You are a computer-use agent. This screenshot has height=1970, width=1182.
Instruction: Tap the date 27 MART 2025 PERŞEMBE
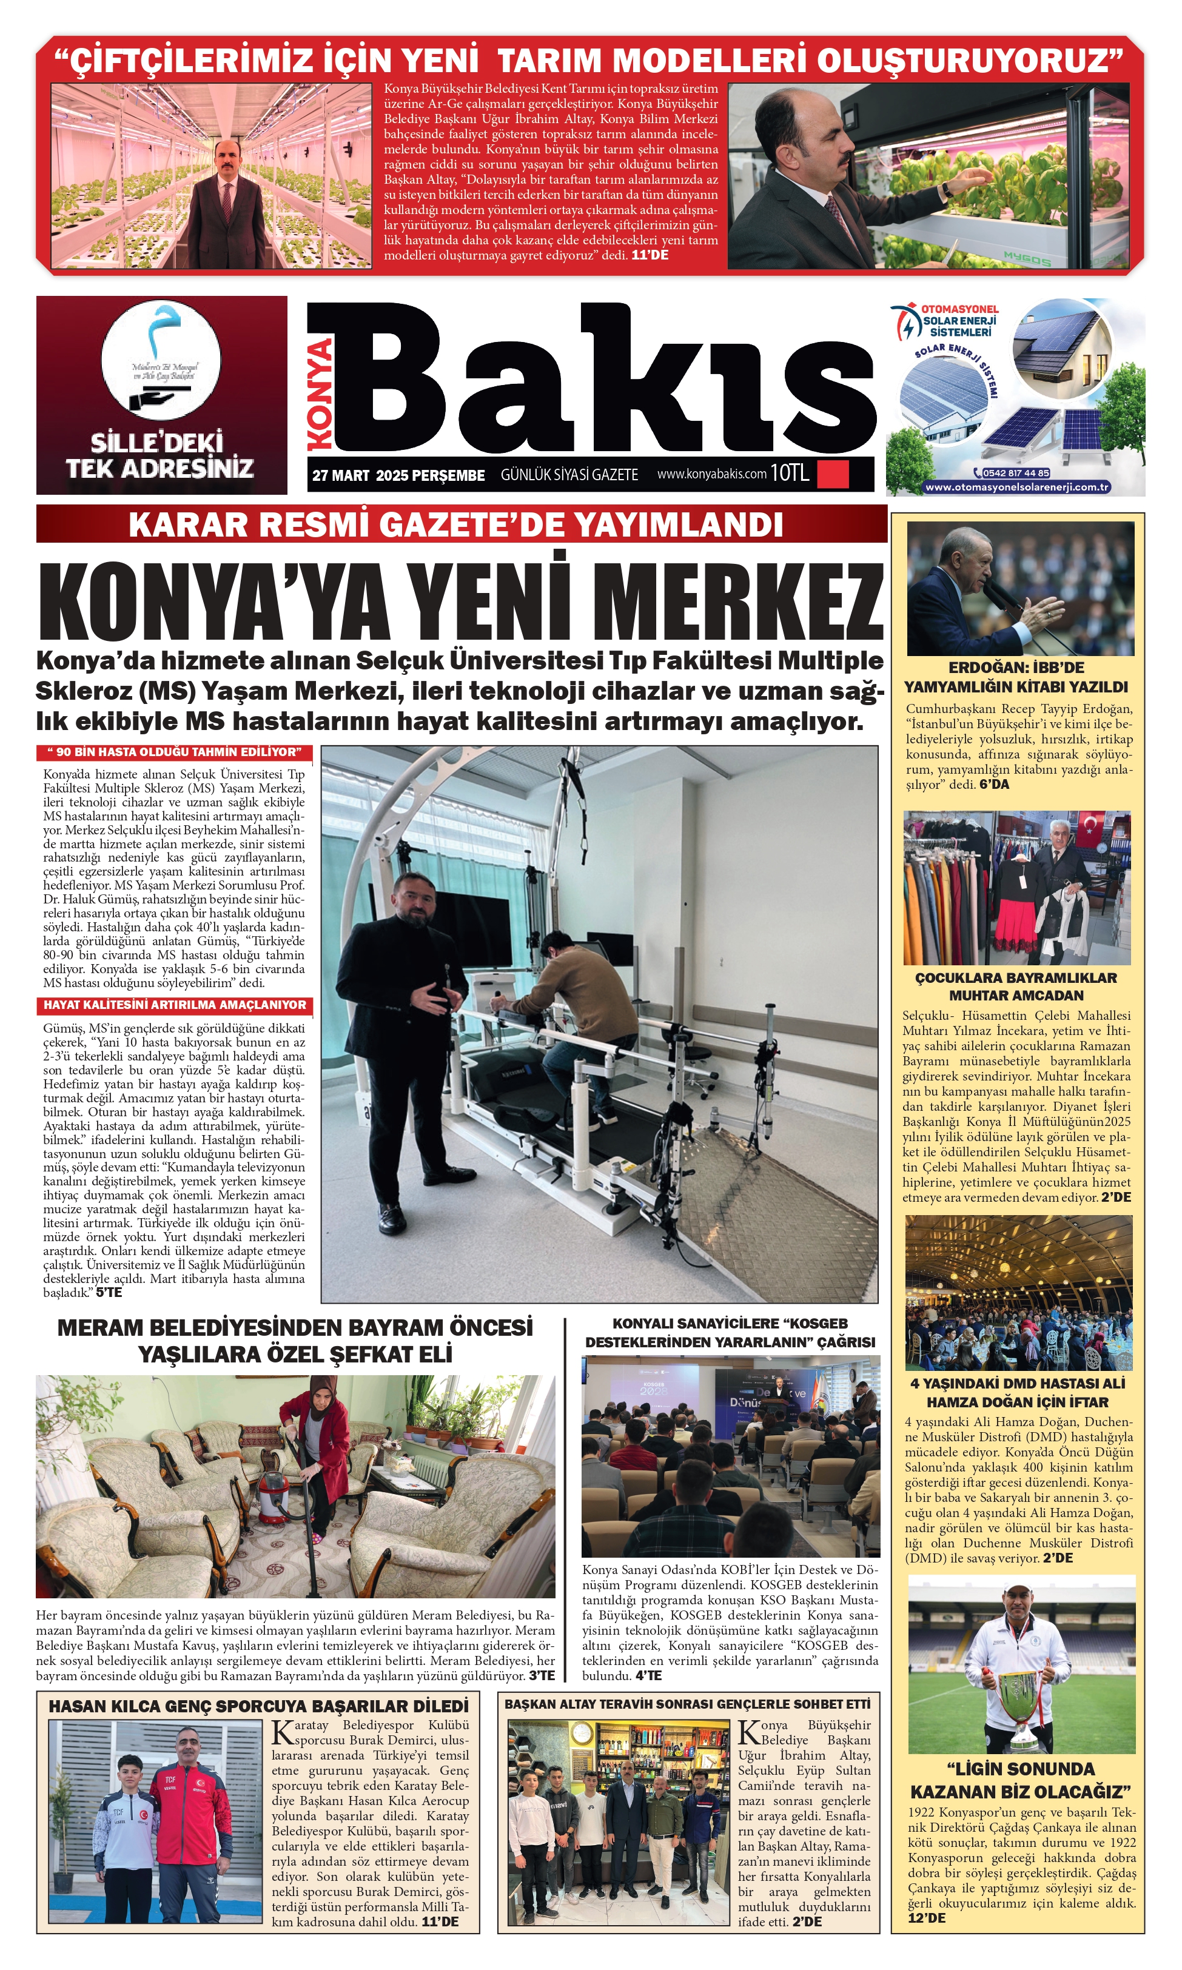point(398,475)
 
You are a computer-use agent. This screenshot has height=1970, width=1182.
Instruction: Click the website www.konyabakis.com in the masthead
point(711,474)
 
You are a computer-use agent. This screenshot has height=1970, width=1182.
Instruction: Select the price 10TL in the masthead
point(790,474)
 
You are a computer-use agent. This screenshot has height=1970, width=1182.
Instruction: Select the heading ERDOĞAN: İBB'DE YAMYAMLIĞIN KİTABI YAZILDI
point(1016,677)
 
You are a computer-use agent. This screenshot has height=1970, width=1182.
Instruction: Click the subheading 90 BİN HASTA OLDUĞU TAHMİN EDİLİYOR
point(175,752)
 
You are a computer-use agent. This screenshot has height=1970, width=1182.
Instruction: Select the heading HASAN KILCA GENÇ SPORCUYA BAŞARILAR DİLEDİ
point(259,1706)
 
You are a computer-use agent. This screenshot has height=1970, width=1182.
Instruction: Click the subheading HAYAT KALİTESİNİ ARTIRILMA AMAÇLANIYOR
point(175,1005)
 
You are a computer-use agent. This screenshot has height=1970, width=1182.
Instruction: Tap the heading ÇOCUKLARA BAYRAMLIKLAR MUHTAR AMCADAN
point(1016,986)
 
